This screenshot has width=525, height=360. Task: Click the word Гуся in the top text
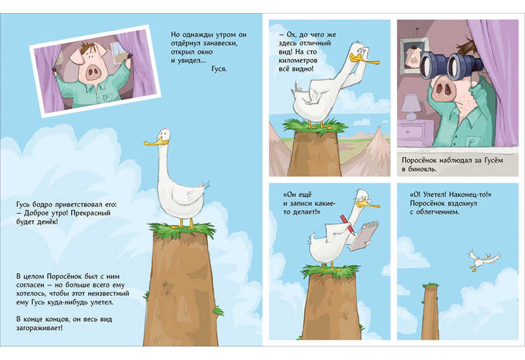pos(219,69)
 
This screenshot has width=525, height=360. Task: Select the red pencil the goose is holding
pos(347,225)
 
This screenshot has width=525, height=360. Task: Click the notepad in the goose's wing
pos(365,236)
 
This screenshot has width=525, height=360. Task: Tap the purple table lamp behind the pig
pos(410,107)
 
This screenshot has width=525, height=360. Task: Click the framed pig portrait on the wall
pos(414,56)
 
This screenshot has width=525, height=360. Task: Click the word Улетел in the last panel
pos(434,195)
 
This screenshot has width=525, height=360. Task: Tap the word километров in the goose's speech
pos(298,61)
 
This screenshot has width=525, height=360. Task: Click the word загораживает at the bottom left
pos(39,328)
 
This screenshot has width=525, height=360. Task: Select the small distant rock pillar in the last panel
pos(430,311)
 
